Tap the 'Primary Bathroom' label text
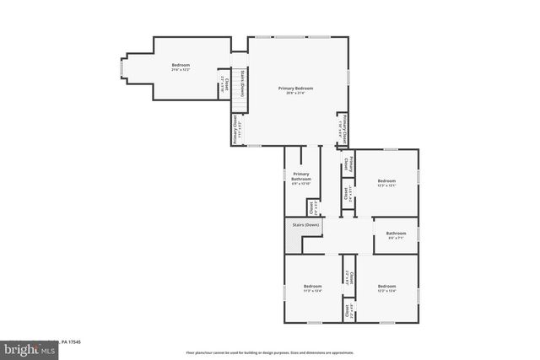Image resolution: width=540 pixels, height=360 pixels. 301,177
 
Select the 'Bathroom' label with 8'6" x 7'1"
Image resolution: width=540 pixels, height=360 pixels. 396,233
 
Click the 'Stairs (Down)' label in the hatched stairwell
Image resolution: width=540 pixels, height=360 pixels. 305,225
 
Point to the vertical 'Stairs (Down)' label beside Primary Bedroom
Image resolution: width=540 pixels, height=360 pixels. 242,85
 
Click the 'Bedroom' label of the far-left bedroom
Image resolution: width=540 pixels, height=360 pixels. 181,65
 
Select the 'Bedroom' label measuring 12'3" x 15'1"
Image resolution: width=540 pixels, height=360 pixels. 386,181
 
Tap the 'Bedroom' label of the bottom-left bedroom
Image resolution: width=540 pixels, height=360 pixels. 313,287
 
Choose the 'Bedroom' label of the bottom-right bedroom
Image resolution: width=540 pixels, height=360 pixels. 386,287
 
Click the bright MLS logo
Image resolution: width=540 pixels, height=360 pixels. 26,347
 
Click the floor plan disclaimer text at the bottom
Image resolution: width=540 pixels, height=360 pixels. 270,352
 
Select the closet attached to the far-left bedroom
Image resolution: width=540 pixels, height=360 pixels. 224,84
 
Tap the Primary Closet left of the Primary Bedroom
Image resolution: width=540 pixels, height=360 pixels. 239,130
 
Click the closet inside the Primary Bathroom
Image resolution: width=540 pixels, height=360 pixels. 311,207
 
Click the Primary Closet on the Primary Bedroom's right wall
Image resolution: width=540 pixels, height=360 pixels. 343,125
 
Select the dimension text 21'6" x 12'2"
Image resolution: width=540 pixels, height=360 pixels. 181,70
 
